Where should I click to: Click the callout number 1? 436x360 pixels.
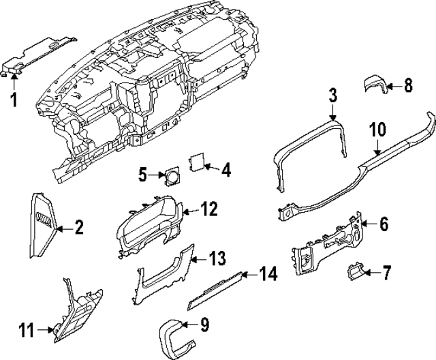click(13, 101)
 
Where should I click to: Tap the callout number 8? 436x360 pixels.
click(408, 85)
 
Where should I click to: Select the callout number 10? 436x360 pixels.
click(378, 129)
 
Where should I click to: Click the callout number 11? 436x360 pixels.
click(26, 331)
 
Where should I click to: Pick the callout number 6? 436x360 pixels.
click(384, 223)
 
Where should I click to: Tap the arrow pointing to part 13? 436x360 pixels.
click(196, 259)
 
